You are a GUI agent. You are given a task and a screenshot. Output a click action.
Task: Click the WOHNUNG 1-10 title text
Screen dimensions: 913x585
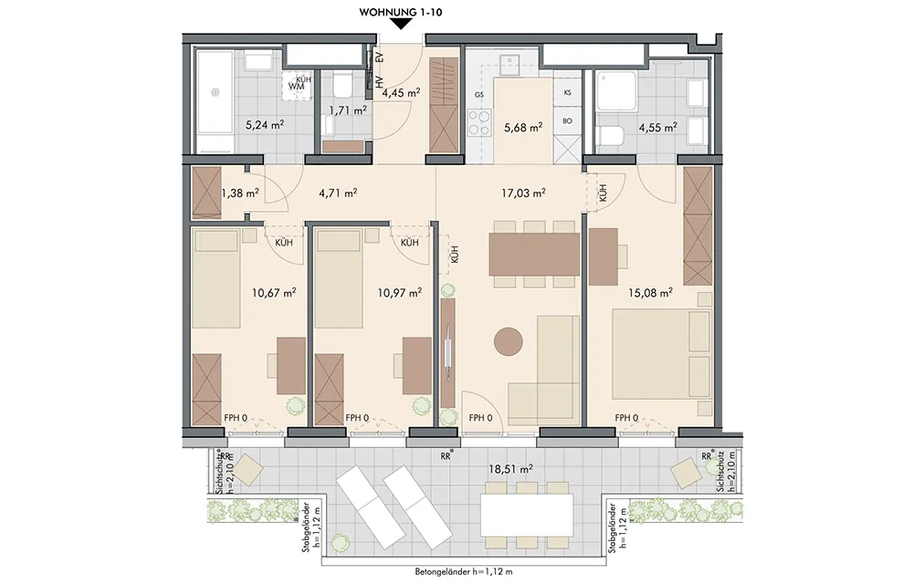[400, 12]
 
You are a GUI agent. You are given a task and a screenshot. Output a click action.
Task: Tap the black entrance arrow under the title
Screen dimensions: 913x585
[400, 24]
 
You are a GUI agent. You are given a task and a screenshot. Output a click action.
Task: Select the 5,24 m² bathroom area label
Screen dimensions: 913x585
[265, 124]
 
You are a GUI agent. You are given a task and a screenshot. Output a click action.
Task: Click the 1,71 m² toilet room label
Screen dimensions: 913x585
[348, 110]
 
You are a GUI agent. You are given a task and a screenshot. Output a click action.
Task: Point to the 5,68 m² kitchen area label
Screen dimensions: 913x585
[523, 126]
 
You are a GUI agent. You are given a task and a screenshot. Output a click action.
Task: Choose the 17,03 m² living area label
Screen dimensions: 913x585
[524, 192]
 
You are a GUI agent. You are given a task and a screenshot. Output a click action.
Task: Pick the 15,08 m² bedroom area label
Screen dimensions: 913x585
[650, 292]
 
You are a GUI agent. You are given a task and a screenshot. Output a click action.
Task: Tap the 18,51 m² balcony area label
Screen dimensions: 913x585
[510, 467]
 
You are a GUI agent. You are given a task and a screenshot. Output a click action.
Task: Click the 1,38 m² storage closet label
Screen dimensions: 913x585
[240, 192]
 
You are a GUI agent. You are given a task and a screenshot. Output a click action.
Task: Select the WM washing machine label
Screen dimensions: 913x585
[297, 86]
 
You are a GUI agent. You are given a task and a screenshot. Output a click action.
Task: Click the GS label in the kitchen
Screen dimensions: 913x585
[479, 94]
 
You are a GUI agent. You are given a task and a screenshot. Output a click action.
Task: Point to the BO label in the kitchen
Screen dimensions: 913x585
[568, 121]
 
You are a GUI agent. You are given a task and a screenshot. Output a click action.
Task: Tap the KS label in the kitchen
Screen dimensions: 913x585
[568, 92]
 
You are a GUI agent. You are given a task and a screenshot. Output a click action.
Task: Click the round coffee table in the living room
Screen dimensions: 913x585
[509, 341]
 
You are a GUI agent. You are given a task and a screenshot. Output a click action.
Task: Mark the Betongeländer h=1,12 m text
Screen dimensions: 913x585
[464, 571]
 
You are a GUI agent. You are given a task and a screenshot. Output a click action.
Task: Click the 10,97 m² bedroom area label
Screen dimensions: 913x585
[400, 292]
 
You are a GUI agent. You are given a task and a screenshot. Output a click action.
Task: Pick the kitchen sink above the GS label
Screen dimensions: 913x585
[510, 61]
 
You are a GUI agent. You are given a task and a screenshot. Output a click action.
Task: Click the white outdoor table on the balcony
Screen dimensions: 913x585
[527, 516]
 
